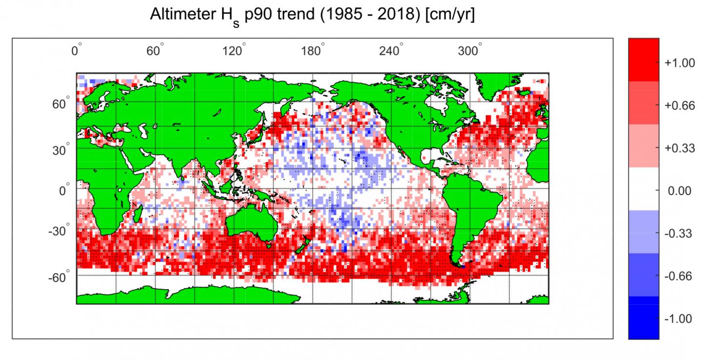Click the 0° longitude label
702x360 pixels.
pyautogui.click(x=77, y=50)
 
